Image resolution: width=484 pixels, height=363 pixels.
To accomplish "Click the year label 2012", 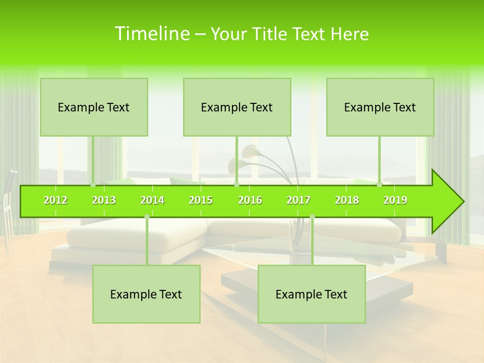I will pos(55,200).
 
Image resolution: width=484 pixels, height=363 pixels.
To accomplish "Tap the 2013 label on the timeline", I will pos(104,200).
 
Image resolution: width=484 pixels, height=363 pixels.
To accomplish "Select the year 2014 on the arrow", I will pos(152,200).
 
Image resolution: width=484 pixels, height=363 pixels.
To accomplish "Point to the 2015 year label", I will pos(201,200).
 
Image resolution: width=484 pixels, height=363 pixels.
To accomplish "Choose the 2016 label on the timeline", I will pos(250,200).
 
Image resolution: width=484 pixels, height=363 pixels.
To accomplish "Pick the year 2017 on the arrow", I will pos(298,200).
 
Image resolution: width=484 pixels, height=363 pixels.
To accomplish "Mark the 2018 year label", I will pos(347,200).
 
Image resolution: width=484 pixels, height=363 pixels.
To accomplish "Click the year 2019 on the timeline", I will pos(395,200).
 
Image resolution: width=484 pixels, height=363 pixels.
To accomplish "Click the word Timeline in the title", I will pos(151,34).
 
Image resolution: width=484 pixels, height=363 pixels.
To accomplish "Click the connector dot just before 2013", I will pos(93,185).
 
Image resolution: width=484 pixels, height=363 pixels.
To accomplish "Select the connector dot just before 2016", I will pos(236,185).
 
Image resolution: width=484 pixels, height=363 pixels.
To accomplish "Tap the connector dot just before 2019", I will pos(380,185).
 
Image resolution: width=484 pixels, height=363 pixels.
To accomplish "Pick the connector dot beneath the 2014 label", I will pos(147,217).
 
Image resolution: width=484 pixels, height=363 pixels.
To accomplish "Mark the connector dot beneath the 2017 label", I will pos(312,217).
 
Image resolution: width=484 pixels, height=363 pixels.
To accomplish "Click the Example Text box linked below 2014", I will pos(146,294).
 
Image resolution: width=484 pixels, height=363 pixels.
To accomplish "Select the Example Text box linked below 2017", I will pos(312,294).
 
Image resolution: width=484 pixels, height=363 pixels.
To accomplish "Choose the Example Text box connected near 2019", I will pos(380,107).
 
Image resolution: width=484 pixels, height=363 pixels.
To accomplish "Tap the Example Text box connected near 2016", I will pos(237,107).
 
